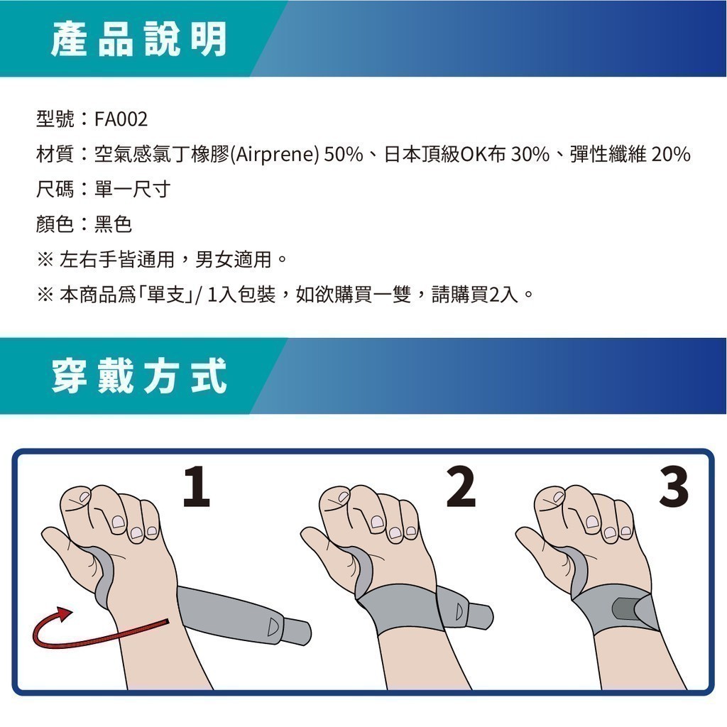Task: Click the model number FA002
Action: tap(121, 119)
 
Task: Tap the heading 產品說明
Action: tap(139, 39)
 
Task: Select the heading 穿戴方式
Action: tap(139, 376)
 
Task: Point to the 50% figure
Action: tap(343, 154)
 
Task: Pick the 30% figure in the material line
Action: tap(530, 154)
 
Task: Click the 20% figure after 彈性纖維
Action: tap(671, 154)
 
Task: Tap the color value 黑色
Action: tap(113, 224)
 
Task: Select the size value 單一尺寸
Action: tap(133, 189)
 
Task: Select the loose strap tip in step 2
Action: tap(480, 616)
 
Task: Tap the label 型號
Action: tap(55, 119)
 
